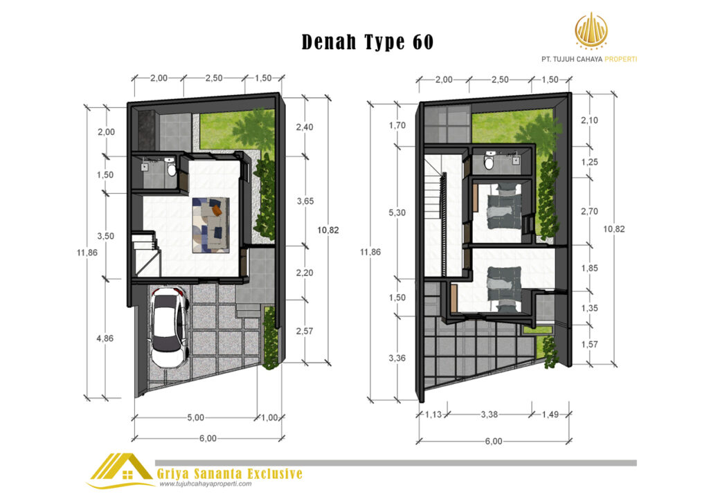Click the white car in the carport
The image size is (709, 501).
(x=170, y=328)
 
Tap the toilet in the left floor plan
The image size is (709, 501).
(x=170, y=167)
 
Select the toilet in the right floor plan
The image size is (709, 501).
(x=489, y=161)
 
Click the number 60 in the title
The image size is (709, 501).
(x=423, y=42)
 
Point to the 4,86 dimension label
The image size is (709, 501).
(x=105, y=338)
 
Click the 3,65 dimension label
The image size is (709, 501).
(x=305, y=201)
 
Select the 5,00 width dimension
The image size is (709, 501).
(x=196, y=417)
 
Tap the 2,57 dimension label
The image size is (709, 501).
(x=305, y=331)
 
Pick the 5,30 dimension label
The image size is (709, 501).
(x=397, y=212)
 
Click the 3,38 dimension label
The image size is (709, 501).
(x=490, y=415)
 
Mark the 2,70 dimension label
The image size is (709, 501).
(x=589, y=212)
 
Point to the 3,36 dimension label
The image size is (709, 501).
(x=397, y=358)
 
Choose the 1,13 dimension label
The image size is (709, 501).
(x=433, y=415)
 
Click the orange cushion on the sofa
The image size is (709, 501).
(x=217, y=210)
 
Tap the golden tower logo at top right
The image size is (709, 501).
(x=591, y=30)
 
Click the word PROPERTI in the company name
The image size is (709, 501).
(x=620, y=60)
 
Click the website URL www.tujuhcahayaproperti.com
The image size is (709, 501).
(x=205, y=484)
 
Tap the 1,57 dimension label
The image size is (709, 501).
(x=589, y=345)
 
